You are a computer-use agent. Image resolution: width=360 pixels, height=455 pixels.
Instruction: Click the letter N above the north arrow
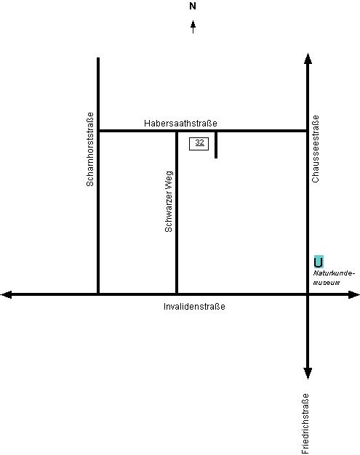point(193,6)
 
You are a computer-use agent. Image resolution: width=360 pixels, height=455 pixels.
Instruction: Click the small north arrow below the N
point(193,27)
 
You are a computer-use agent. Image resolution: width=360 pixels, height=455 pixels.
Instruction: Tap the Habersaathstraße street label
point(180,124)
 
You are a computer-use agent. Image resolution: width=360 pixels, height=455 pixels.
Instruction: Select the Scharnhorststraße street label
point(90,149)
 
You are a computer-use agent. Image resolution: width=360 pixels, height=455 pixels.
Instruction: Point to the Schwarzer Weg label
point(169,201)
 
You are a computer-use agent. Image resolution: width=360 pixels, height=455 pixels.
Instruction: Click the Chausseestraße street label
point(316,149)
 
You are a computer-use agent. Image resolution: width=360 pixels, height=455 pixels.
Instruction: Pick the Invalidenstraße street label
point(194,307)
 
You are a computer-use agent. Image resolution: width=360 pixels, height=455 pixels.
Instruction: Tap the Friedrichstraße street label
point(305,424)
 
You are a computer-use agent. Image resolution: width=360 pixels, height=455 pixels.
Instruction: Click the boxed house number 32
point(199,144)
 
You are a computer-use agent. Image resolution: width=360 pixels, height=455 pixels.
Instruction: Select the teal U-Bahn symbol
point(319,262)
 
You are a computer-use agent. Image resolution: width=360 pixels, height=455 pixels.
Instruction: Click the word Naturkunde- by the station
point(334,273)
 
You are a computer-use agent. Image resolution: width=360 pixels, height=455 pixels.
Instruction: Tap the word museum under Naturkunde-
point(327,283)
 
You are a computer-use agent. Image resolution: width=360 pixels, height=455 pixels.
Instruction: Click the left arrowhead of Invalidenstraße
point(7,294)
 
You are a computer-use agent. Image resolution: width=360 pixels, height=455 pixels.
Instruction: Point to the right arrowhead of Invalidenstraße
point(354,294)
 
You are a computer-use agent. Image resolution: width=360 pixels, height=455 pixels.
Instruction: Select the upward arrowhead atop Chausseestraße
point(308,58)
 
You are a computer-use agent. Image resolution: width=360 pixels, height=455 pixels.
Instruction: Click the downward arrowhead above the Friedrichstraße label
point(308,374)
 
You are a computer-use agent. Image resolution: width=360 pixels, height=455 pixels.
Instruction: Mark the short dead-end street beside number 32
point(216,145)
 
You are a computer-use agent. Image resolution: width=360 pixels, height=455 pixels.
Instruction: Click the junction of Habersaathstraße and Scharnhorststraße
point(98,131)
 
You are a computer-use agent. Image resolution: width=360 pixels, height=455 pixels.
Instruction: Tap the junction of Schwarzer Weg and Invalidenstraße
point(177,294)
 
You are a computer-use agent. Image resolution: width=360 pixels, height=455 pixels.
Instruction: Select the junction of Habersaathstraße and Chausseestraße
point(308,131)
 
